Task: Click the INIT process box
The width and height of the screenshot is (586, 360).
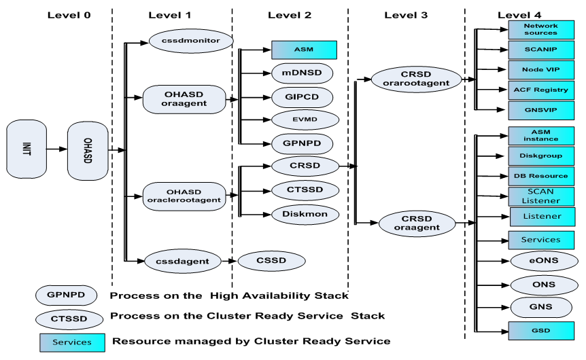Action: (27, 149)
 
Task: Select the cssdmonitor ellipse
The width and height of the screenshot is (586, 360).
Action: (191, 41)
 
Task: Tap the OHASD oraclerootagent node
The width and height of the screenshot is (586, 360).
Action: (184, 196)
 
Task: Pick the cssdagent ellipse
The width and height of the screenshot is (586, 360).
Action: (182, 262)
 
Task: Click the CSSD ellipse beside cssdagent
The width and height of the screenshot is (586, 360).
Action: (271, 261)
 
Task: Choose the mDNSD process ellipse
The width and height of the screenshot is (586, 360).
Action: (302, 73)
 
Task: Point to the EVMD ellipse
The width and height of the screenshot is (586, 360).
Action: (305, 120)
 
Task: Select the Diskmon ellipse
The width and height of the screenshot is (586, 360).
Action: (305, 215)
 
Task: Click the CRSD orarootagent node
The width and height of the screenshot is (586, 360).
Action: (416, 79)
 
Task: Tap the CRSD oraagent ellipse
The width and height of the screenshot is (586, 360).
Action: (417, 223)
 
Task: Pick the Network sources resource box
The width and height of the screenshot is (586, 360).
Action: (541, 30)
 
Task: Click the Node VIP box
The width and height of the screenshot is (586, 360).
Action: (541, 70)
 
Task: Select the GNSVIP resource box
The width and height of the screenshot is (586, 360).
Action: (541, 110)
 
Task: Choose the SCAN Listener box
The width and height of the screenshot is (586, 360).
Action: (541, 196)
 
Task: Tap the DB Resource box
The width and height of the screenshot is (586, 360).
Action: (541, 177)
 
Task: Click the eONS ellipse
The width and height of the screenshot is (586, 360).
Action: (544, 261)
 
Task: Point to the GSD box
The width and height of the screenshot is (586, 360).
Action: (541, 331)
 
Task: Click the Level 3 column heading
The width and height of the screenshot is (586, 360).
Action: (406, 16)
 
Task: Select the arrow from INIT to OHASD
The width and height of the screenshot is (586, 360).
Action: (57, 149)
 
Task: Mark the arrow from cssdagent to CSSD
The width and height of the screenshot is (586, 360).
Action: (228, 261)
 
